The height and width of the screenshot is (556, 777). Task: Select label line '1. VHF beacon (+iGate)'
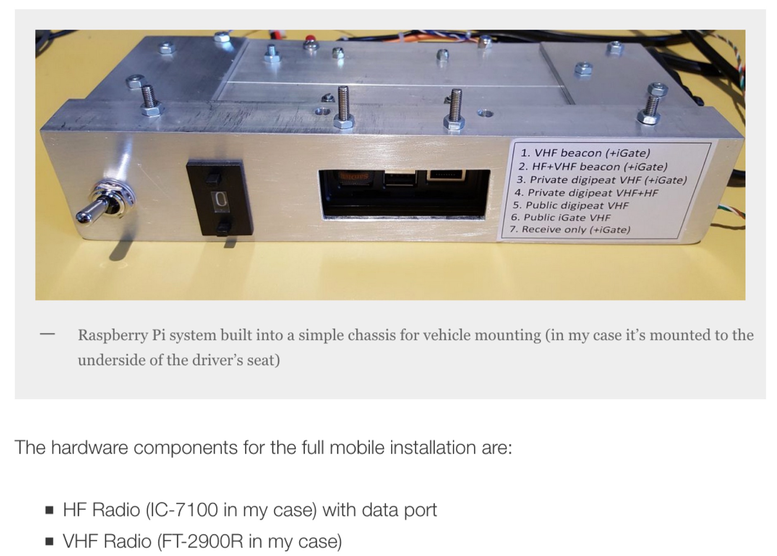585,153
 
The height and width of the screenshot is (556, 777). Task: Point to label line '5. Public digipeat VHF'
571,205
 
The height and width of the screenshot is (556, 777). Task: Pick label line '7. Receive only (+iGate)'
570,229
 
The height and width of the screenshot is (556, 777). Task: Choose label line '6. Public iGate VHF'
561,218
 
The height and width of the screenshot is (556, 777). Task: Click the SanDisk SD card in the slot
355,177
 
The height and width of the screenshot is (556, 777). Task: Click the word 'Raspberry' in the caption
112,335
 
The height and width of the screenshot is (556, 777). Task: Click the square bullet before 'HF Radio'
50,510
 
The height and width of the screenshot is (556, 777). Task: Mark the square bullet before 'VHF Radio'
50,542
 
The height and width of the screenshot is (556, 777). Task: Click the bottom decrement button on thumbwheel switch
224,227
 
